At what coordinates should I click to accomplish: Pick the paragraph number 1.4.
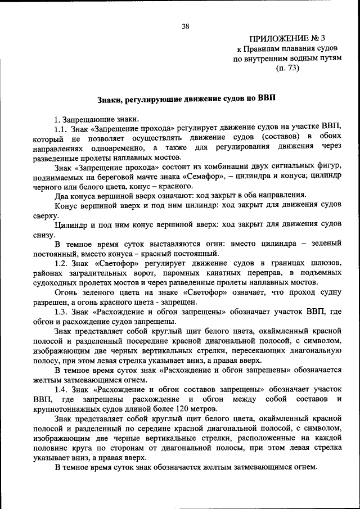point(62,389)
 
